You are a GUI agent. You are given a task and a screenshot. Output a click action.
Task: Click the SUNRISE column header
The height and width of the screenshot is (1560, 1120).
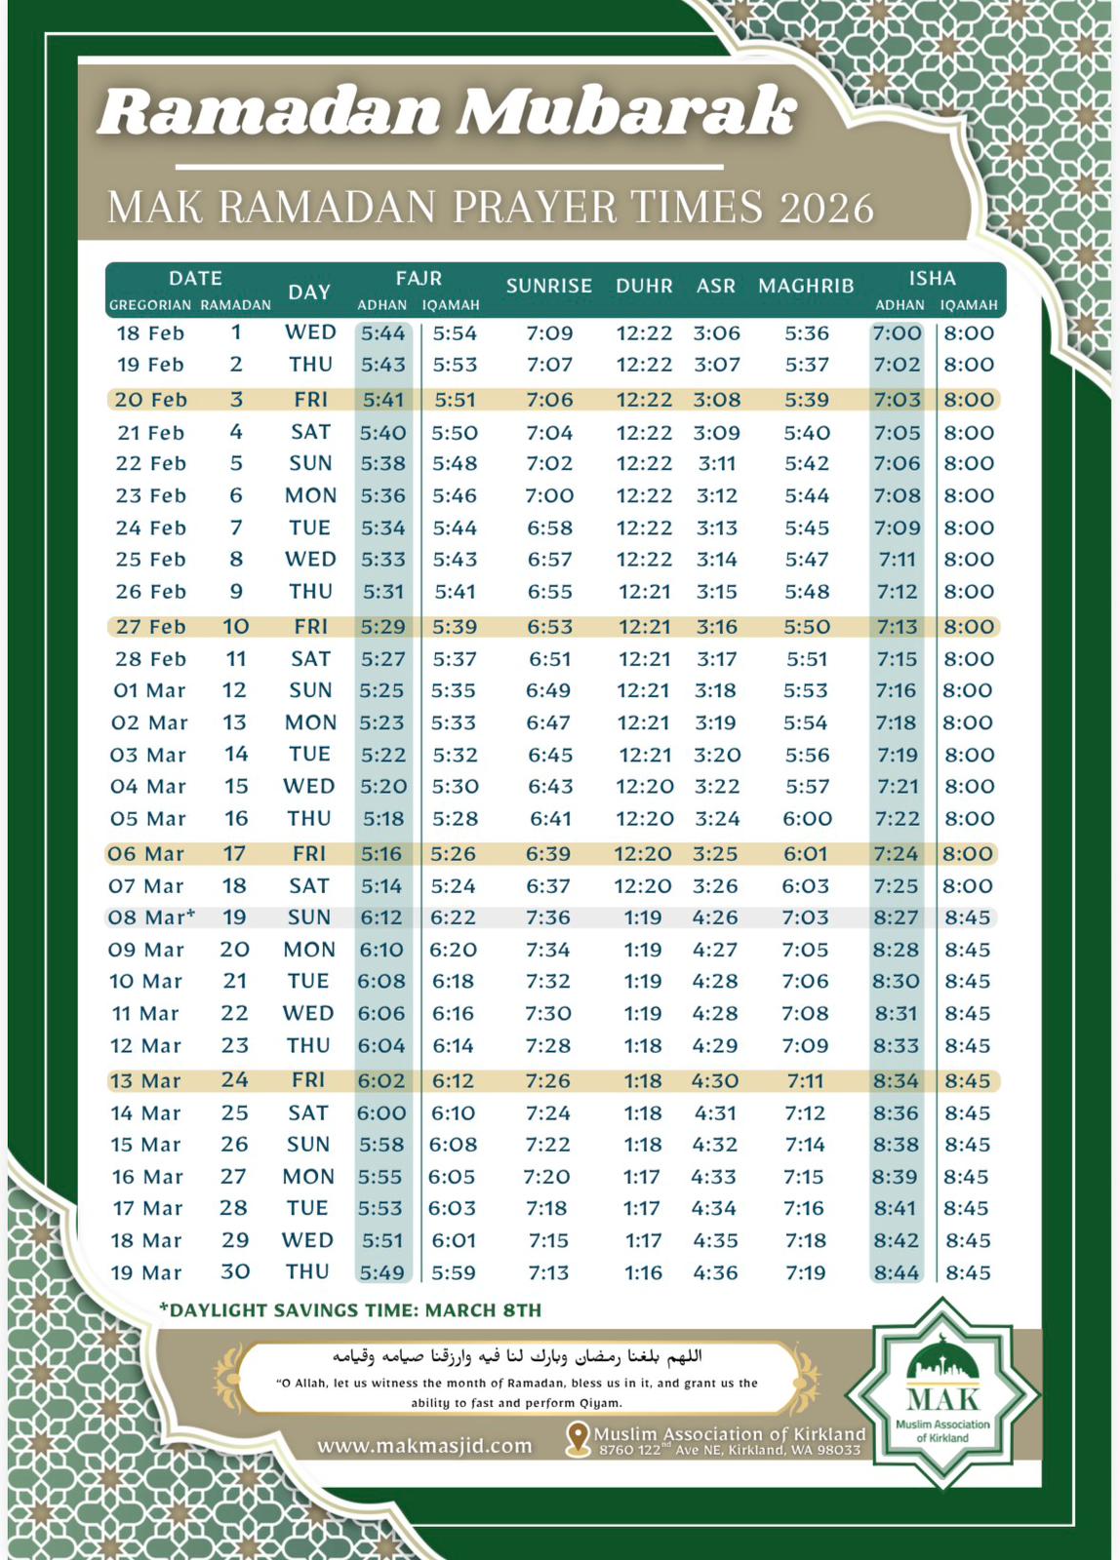point(548,286)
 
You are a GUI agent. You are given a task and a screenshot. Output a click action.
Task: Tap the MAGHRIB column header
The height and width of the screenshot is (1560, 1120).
point(806,286)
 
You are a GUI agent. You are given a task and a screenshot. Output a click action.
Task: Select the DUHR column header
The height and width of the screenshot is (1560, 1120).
point(644,286)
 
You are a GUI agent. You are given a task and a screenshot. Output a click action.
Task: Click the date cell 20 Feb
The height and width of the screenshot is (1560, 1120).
point(150,400)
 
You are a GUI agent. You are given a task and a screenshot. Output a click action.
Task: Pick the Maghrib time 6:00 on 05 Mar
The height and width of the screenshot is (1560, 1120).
point(807,819)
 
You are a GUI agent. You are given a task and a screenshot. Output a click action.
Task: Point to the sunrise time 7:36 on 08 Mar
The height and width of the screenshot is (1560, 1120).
point(548,917)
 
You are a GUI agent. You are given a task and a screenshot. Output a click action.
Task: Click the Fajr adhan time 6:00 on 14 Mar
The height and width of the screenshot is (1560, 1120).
point(381,1112)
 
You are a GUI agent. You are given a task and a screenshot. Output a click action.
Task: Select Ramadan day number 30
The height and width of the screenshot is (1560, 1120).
point(235,1272)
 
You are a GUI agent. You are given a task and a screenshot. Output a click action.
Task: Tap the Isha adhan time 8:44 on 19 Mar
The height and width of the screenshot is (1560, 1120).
point(896,1272)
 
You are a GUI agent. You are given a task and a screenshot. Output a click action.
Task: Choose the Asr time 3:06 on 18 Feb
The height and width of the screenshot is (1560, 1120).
point(716,333)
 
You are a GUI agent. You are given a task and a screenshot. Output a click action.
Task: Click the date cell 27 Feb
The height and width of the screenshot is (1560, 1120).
point(150,627)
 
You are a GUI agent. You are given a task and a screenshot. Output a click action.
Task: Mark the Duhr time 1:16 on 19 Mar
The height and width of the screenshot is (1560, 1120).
point(643,1272)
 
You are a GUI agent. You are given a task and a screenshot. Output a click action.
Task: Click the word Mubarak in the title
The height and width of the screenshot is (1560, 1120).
point(626,111)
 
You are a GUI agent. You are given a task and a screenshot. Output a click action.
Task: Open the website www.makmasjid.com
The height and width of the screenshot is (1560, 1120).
point(424,1445)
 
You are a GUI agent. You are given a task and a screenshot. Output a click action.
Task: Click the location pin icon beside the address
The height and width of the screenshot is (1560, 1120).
point(579,1438)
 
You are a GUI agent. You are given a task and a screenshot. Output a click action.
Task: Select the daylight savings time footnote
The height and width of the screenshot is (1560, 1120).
point(350,1310)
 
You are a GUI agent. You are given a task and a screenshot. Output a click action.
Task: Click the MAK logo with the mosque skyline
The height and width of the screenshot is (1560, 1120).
point(941,1392)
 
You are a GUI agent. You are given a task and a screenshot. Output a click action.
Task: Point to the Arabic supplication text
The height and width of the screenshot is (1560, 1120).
point(516,1356)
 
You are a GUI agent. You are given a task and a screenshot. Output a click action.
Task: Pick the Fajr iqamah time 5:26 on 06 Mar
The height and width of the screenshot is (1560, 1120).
point(454,854)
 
